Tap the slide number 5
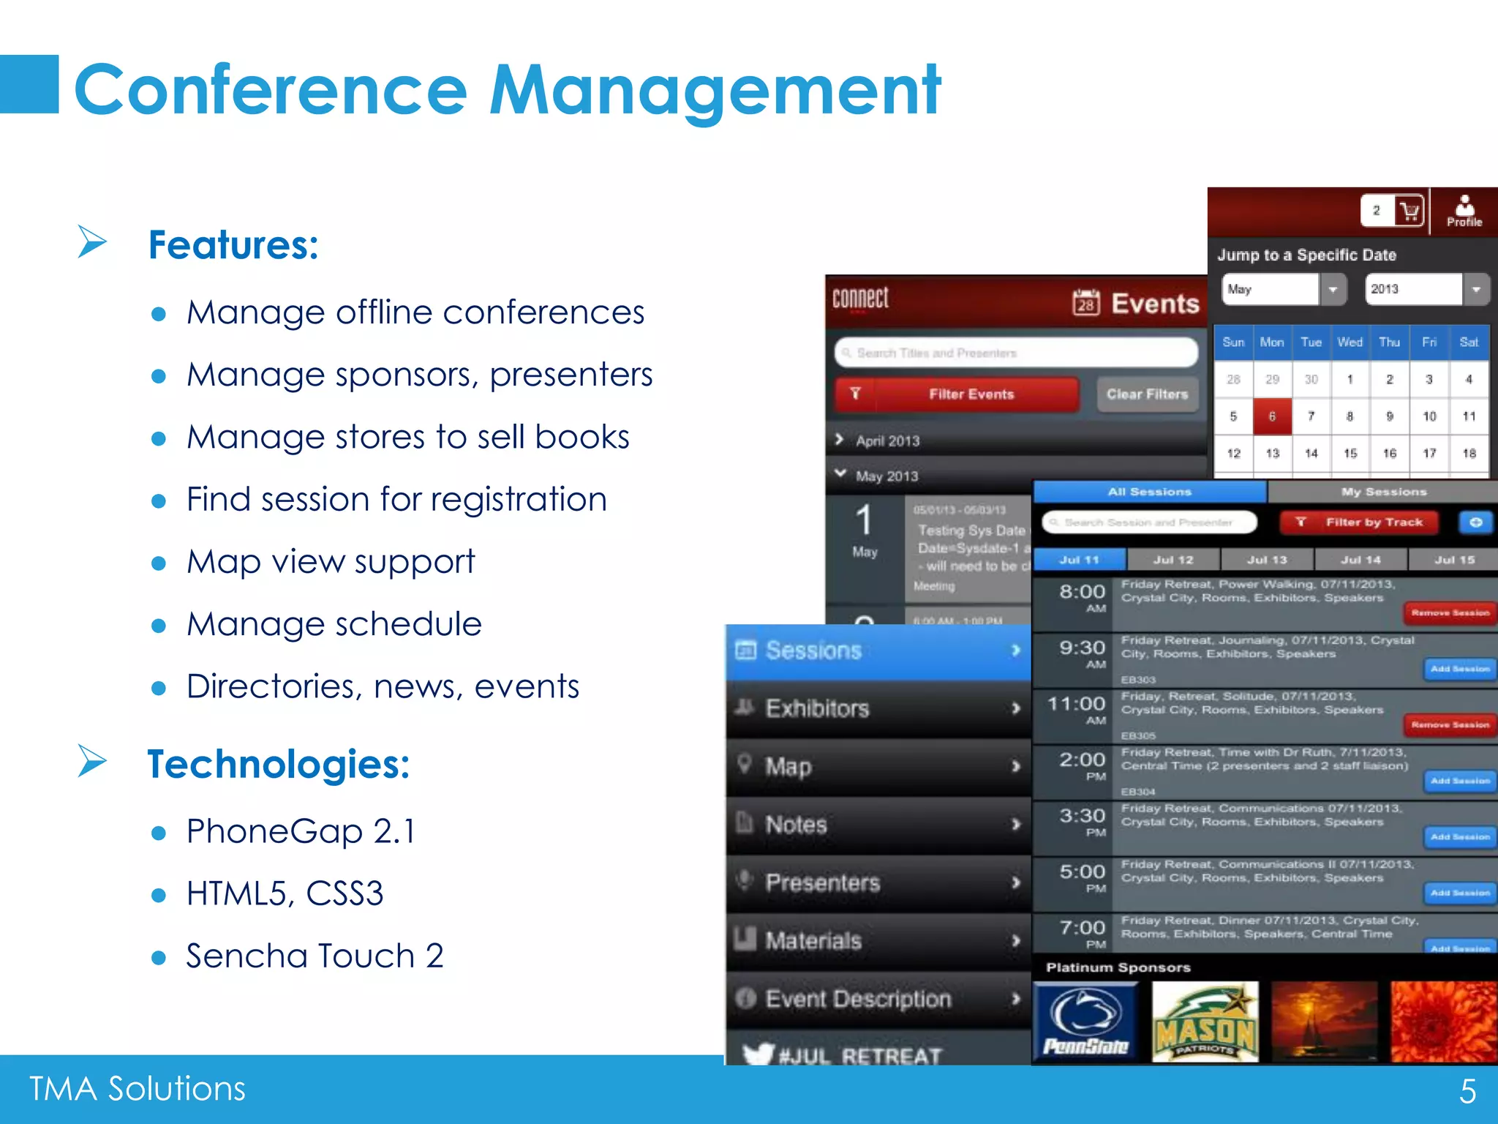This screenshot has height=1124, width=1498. coord(1467,1091)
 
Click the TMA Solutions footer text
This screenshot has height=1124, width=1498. coord(138,1088)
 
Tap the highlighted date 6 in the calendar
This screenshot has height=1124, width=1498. coord(1272,416)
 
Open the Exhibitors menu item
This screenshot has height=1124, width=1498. coord(878,708)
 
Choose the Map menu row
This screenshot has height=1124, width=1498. coord(878,766)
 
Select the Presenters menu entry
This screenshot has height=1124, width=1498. coord(878,883)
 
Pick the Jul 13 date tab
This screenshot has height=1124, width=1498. coord(1267,560)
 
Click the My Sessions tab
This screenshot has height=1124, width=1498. coord(1383,492)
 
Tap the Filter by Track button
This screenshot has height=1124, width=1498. coord(1359,522)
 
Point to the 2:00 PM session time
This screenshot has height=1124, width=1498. coord(1082,764)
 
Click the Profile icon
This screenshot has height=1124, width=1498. coord(1464,211)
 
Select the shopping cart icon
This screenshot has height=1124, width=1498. coord(1409,211)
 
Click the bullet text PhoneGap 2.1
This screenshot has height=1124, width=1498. coord(301,831)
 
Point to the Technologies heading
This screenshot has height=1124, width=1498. coord(278,765)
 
